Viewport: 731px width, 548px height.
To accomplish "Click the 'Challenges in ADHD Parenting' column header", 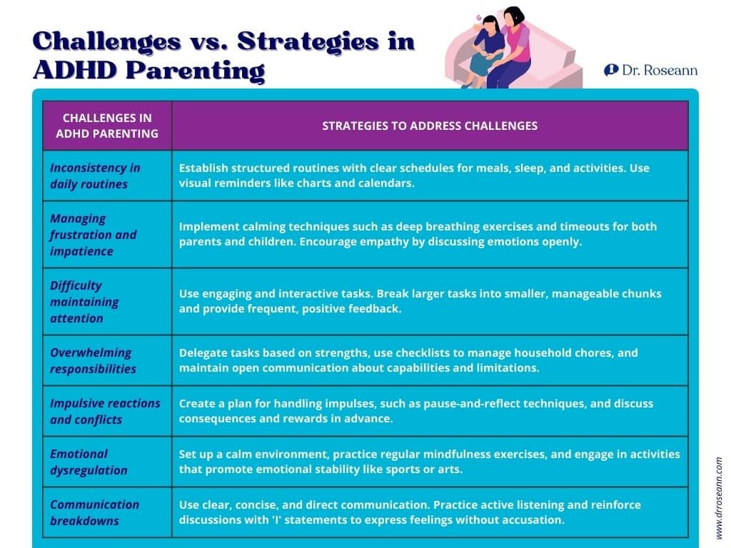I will click(106, 126).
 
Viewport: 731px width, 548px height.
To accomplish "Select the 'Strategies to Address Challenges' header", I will click(430, 126).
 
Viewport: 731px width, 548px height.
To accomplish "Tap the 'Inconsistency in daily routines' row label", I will click(95, 176).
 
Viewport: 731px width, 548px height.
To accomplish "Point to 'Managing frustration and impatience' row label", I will click(93, 235).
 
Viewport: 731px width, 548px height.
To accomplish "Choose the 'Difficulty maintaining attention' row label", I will click(84, 302).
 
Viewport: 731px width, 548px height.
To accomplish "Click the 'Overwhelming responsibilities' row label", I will click(93, 360).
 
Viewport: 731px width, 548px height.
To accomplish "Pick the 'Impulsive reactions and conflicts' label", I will click(105, 411).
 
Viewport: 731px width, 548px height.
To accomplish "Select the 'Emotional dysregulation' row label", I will click(89, 462).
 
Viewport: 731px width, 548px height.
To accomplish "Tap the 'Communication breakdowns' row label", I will click(94, 512).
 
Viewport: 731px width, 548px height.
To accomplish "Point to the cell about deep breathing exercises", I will click(418, 234).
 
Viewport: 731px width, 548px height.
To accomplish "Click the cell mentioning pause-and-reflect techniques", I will click(415, 411).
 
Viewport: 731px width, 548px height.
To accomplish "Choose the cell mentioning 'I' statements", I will click(410, 512).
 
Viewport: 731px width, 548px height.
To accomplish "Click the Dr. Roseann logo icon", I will click(611, 70).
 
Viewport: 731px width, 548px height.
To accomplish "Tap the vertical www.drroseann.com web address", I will click(719, 497).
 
